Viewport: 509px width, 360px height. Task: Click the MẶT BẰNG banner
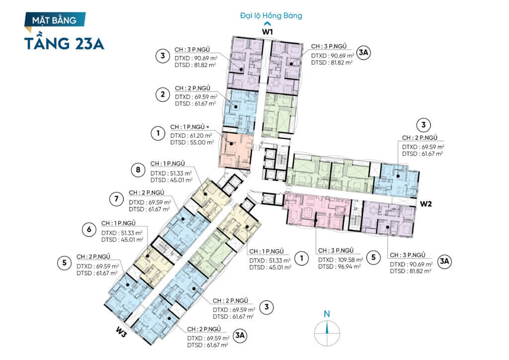click(55, 20)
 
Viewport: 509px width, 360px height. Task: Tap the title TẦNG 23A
click(64, 43)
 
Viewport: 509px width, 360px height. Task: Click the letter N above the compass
click(327, 314)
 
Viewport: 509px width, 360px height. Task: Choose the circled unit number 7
click(116, 199)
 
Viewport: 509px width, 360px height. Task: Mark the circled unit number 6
click(88, 229)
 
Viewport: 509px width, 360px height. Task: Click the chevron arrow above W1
click(268, 23)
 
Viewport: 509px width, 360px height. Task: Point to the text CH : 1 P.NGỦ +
click(190, 127)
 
